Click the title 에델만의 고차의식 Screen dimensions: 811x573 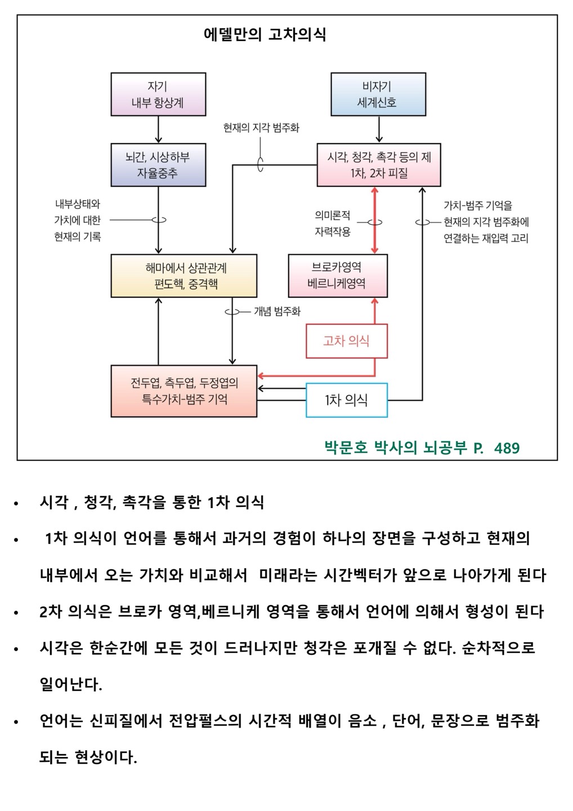click(265, 35)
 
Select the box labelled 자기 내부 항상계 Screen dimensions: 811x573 click(158, 95)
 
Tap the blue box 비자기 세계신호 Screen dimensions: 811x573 click(377, 95)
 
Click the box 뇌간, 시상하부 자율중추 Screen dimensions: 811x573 click(158, 165)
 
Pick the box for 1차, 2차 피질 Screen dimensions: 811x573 click(379, 165)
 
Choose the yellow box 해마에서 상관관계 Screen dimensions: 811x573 click(183, 276)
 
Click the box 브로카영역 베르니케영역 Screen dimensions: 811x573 click(338, 276)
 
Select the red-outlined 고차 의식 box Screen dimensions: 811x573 click(347, 341)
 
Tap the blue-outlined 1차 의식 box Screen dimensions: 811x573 click(347, 400)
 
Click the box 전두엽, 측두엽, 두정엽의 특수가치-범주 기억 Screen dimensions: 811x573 click(183, 391)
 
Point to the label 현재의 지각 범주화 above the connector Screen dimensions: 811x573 click(261, 128)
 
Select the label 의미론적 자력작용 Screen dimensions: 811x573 click(333, 223)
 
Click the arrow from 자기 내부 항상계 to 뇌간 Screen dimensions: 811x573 click(159, 130)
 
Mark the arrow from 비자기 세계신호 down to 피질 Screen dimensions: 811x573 click(379, 130)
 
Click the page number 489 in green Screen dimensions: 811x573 click(507, 448)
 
